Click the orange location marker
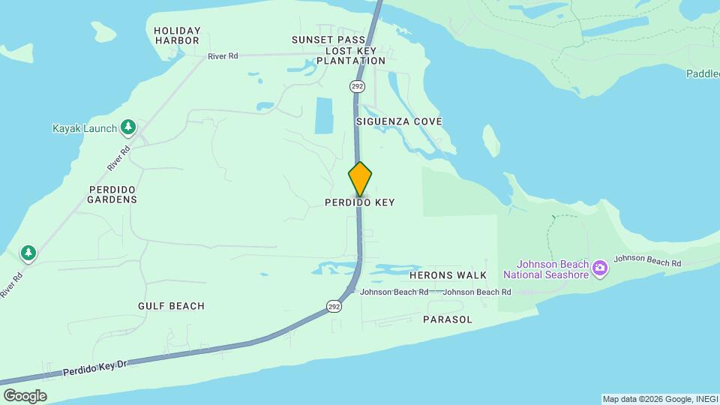[x=360, y=179]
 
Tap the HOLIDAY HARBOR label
[x=177, y=35]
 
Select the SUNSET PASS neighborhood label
[x=329, y=40]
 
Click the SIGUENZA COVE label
[x=398, y=121]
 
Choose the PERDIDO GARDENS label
[x=112, y=194]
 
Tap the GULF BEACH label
[x=171, y=306]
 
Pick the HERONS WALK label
[x=448, y=276]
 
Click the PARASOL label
[x=447, y=319]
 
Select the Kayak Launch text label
[x=85, y=128]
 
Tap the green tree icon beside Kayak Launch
[x=128, y=127]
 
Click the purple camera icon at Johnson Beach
[x=599, y=268]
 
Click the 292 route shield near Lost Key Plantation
[x=357, y=86]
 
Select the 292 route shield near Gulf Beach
[x=334, y=305]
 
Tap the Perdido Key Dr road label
[x=96, y=367]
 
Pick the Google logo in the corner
[x=25, y=395]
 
